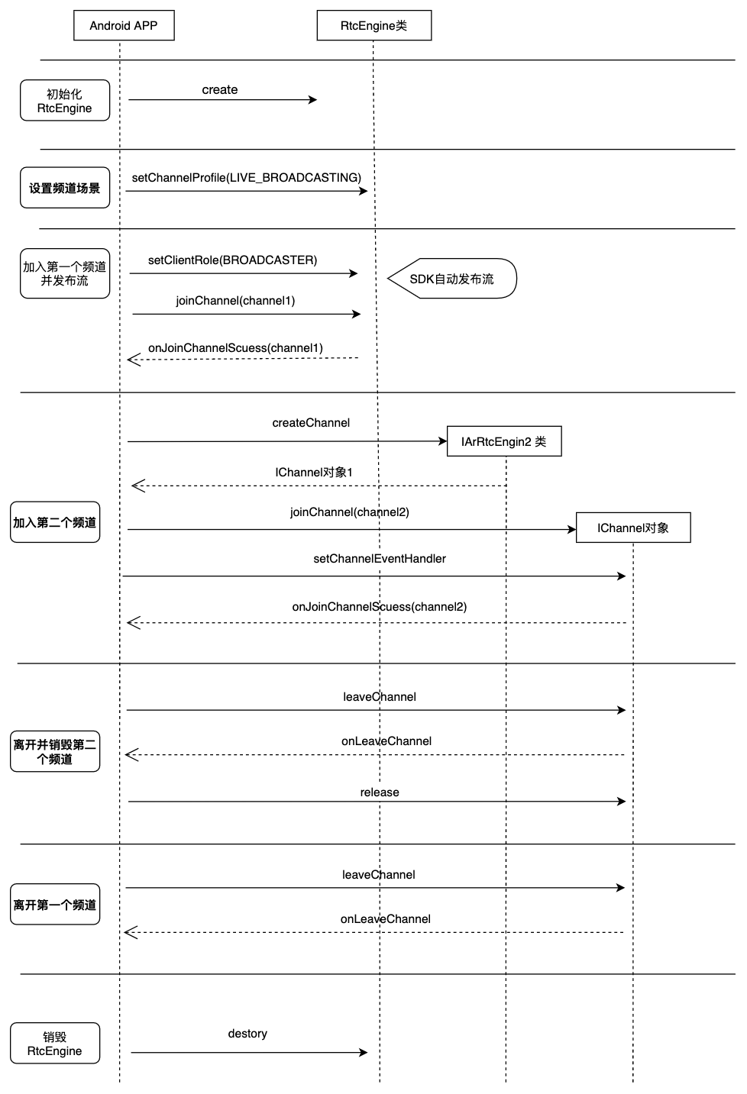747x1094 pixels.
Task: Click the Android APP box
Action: pyautogui.click(x=124, y=25)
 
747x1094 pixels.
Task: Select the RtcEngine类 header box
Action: pyautogui.click(x=373, y=25)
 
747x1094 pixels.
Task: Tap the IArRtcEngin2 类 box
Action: pyautogui.click(x=504, y=441)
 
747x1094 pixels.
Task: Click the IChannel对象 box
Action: pyautogui.click(x=633, y=528)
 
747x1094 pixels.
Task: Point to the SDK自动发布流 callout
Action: pyautogui.click(x=452, y=279)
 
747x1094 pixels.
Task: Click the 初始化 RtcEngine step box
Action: pyautogui.click(x=65, y=100)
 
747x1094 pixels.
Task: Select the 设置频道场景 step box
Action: pyautogui.click(x=65, y=188)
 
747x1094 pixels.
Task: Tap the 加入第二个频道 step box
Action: pyautogui.click(x=55, y=522)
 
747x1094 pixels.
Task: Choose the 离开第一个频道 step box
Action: pyautogui.click(x=55, y=904)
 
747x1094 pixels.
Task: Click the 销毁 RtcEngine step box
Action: pyautogui.click(x=55, y=1043)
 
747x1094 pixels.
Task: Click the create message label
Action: pyautogui.click(x=220, y=90)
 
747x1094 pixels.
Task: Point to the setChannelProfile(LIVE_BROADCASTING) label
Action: pyautogui.click(x=247, y=178)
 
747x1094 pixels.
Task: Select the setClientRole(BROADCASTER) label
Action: pyautogui.click(x=232, y=260)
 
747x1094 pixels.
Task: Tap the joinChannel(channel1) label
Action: pyautogui.click(x=235, y=301)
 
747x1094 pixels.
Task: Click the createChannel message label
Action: pyautogui.click(x=311, y=423)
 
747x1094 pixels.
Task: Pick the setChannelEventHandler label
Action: pyautogui.click(x=380, y=559)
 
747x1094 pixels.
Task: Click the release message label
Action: pyautogui.click(x=380, y=792)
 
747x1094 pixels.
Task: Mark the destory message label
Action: pyautogui.click(x=247, y=1034)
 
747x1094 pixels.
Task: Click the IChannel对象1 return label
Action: pyautogui.click(x=314, y=473)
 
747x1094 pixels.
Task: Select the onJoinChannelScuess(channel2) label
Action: pyautogui.click(x=380, y=607)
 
